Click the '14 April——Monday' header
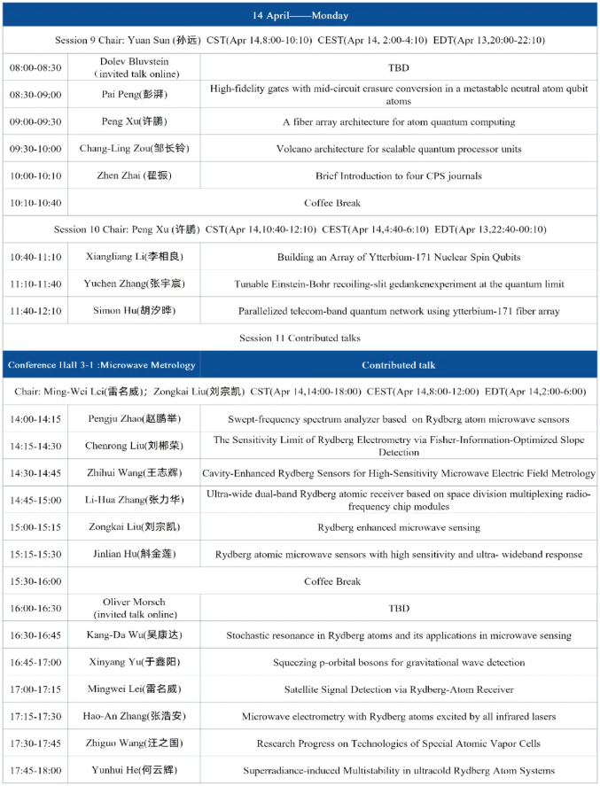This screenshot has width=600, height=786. coord(300,15)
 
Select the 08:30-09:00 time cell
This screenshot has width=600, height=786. coord(35,95)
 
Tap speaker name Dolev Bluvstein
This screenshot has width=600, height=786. coord(134,61)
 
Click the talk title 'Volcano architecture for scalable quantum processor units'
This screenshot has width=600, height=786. coord(398,149)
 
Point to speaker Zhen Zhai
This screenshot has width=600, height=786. coord(134,175)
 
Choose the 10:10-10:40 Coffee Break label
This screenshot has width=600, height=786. coord(332,203)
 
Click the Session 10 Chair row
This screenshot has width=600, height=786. coord(300,230)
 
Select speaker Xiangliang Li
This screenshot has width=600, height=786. coord(134,257)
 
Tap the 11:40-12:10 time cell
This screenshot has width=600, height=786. coord(35,311)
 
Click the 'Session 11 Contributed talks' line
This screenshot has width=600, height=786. coord(300,338)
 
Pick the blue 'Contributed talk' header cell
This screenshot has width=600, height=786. coord(398,365)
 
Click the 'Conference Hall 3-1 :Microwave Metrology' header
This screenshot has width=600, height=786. coord(102,365)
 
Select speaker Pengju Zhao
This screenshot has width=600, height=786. coord(134,419)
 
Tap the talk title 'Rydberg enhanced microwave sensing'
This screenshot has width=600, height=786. coord(398,527)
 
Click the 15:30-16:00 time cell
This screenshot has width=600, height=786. coord(35,581)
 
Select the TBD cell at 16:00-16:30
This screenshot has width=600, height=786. coord(398,609)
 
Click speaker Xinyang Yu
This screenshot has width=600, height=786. coord(134,663)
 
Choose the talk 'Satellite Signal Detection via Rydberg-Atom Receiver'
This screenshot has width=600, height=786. coord(398,689)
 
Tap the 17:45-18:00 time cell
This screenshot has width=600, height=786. coord(35,770)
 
